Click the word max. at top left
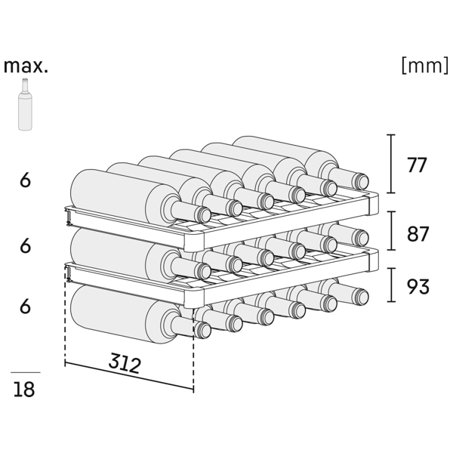click(x=26, y=66)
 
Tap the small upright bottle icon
click(x=25, y=104)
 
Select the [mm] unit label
click(x=425, y=65)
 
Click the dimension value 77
click(x=417, y=165)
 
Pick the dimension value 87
click(x=418, y=234)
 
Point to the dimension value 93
click(x=418, y=287)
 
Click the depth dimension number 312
click(x=125, y=363)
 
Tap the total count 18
click(x=24, y=389)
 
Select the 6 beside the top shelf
click(x=25, y=180)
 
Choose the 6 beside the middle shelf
click(x=25, y=246)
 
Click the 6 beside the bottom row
click(x=25, y=307)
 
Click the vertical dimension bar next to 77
click(x=391, y=164)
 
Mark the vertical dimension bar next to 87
click(x=391, y=230)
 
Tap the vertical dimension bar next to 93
click(x=391, y=285)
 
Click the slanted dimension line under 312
click(x=129, y=375)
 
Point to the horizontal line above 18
click(x=26, y=372)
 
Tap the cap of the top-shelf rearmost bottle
click(x=361, y=181)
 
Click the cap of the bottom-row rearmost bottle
click(x=361, y=297)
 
